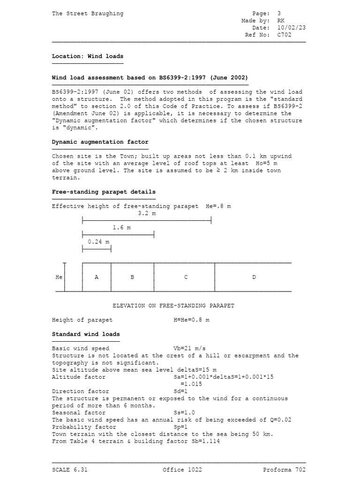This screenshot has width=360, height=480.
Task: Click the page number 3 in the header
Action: [x=279, y=14]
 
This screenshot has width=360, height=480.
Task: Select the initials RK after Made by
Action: [x=281, y=21]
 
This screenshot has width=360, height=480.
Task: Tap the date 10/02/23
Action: [x=292, y=28]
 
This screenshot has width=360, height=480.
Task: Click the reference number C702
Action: [x=285, y=35]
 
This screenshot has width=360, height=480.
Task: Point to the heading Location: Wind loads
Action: [x=88, y=56]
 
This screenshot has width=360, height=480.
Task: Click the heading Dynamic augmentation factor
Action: [x=100, y=142]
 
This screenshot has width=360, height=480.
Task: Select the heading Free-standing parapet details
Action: [x=104, y=192]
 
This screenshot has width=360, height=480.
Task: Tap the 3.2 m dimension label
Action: [x=147, y=213]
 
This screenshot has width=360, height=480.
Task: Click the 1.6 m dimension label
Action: [x=121, y=227]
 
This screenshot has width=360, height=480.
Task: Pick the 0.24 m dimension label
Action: [x=98, y=242]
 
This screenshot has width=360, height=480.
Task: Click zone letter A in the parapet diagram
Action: [x=97, y=277]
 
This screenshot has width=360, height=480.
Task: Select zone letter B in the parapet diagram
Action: [x=132, y=277]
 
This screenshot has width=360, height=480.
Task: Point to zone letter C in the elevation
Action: [x=186, y=277]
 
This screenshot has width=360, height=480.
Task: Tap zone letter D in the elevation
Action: [x=254, y=277]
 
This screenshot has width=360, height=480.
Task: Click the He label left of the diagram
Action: [x=59, y=277]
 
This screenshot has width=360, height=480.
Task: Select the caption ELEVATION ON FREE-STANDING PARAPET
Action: [x=173, y=306]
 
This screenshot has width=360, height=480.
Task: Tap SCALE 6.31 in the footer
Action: [x=70, y=470]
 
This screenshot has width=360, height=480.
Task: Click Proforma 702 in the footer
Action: [x=284, y=470]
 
